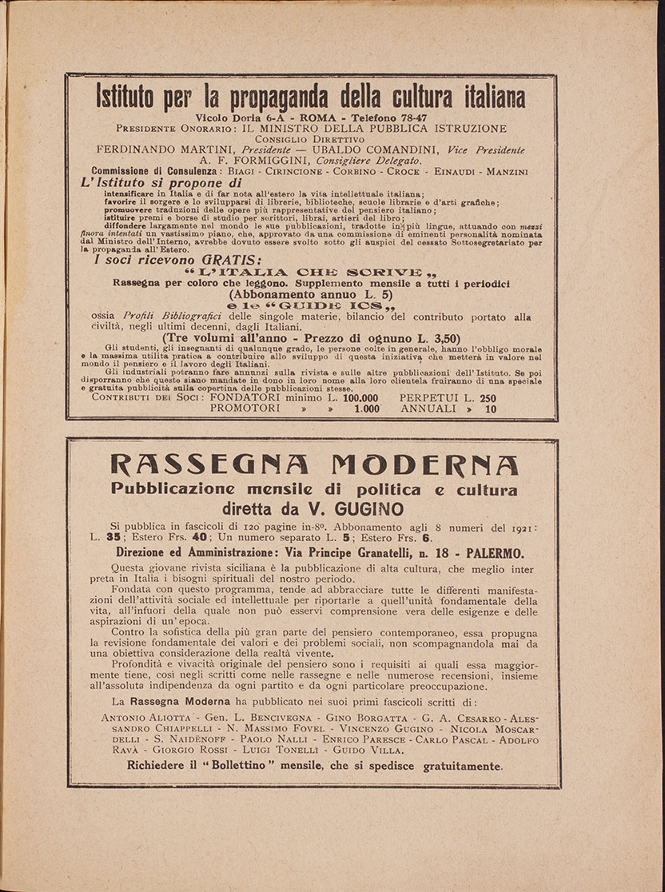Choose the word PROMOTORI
click(x=245, y=408)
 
